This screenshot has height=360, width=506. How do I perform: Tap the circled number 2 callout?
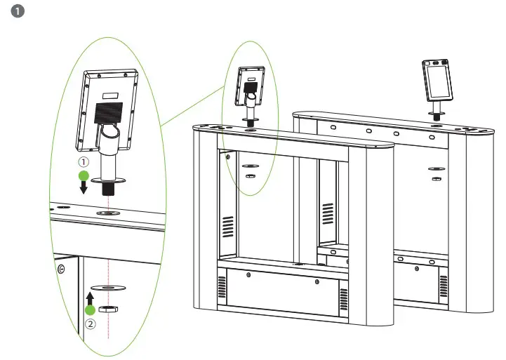click(91, 325)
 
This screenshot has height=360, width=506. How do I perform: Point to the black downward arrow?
click(84, 187)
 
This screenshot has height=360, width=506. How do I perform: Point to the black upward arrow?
click(90, 296)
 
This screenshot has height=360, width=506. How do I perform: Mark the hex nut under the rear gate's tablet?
click(436, 180)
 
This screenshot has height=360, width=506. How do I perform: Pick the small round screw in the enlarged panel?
click(61, 268)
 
